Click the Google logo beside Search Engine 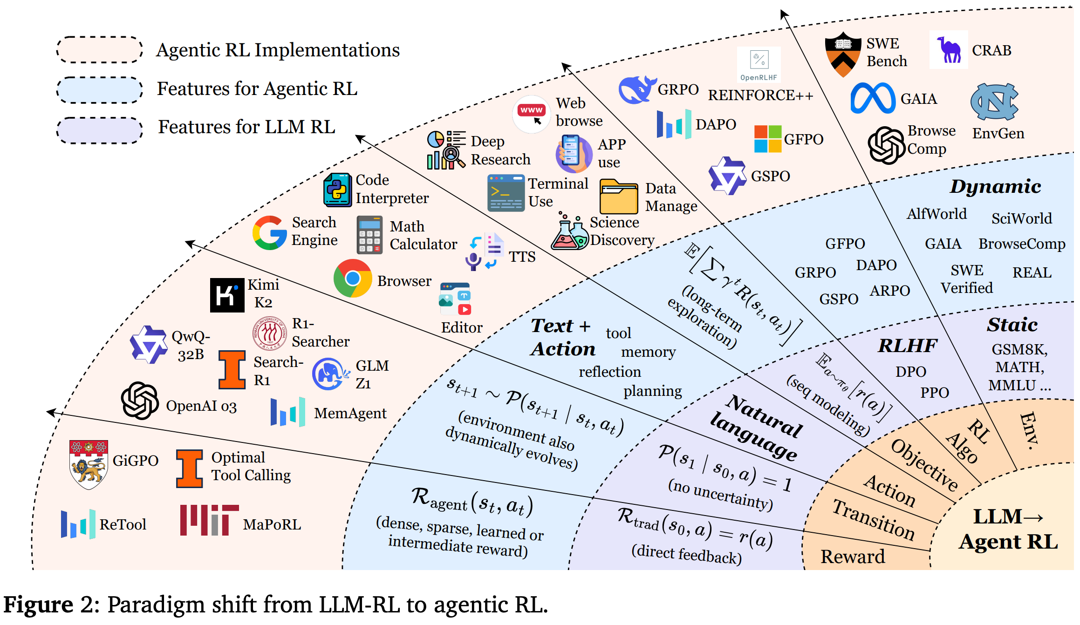(269, 232)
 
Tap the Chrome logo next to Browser (353, 279)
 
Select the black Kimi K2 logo (227, 295)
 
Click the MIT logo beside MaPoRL (209, 520)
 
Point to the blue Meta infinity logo (873, 98)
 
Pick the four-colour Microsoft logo (767, 139)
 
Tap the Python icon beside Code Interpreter (337, 190)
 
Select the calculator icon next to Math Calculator (369, 235)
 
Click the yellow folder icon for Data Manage (618, 197)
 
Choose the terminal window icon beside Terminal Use (506, 193)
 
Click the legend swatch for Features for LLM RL (99, 130)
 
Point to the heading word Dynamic (995, 186)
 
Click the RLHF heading (907, 346)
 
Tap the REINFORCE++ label (760, 95)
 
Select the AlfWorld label (936, 214)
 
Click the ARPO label (890, 291)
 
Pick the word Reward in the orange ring (853, 557)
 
